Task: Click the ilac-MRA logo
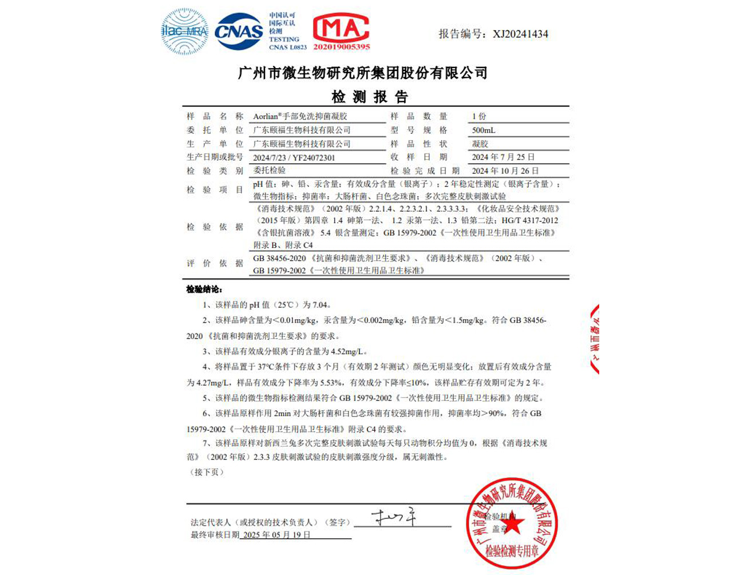click(x=184, y=31)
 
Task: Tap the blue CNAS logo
click(x=239, y=31)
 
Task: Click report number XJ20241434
click(x=520, y=34)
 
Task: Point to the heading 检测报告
click(x=370, y=97)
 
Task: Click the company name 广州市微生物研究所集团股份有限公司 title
click(x=363, y=73)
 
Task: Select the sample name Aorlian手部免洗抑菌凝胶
click(x=300, y=116)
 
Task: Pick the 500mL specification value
click(x=484, y=130)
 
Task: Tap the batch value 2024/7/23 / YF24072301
click(x=294, y=157)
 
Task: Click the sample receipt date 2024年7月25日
click(x=503, y=157)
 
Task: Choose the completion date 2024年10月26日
click(x=505, y=170)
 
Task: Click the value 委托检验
click(x=269, y=170)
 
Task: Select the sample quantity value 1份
click(x=479, y=116)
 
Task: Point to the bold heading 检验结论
click(x=204, y=290)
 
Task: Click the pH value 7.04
click(x=320, y=305)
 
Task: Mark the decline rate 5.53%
click(x=330, y=382)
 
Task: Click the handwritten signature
click(x=394, y=518)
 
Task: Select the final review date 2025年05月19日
click(x=276, y=535)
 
